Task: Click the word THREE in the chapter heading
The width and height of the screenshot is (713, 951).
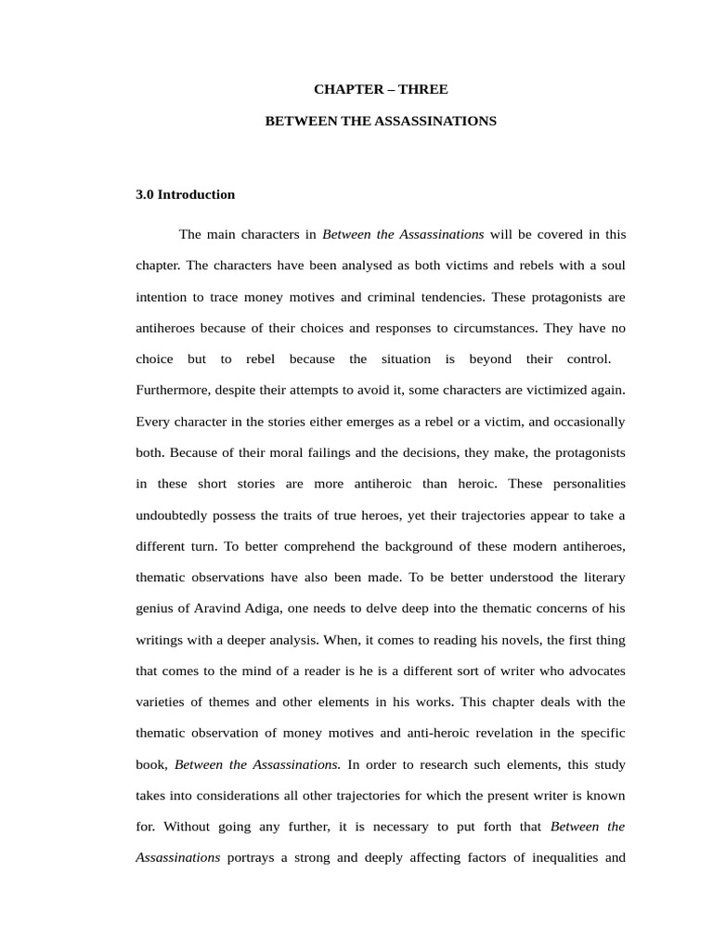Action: pyautogui.click(x=425, y=89)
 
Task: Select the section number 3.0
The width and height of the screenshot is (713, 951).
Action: pyautogui.click(x=145, y=194)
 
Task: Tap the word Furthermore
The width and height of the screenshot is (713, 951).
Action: pyautogui.click(x=172, y=390)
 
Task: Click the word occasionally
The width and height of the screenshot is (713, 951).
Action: pyautogui.click(x=584, y=422)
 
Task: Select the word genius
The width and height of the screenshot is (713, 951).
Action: pyautogui.click(x=155, y=608)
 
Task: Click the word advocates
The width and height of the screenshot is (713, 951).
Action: pyautogui.click(x=593, y=671)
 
